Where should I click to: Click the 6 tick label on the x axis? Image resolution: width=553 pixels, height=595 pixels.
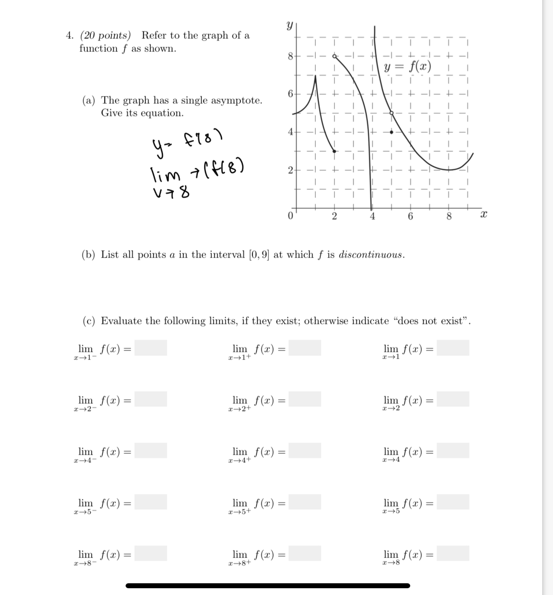point(410,217)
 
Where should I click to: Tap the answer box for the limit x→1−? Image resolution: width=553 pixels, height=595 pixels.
point(150,348)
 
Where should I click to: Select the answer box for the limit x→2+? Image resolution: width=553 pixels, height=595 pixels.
point(305,399)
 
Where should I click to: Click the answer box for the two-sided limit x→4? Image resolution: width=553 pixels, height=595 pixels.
point(453,451)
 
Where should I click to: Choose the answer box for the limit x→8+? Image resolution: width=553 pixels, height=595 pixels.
point(305,553)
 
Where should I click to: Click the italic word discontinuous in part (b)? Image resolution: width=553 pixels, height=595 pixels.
point(371,254)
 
